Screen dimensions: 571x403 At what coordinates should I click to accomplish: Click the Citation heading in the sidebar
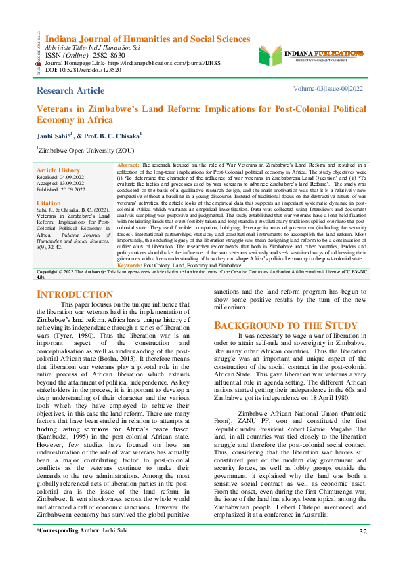pyautogui.click(x=49, y=203)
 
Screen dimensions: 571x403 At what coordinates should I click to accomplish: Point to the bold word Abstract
pyautogui.click(x=129, y=165)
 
